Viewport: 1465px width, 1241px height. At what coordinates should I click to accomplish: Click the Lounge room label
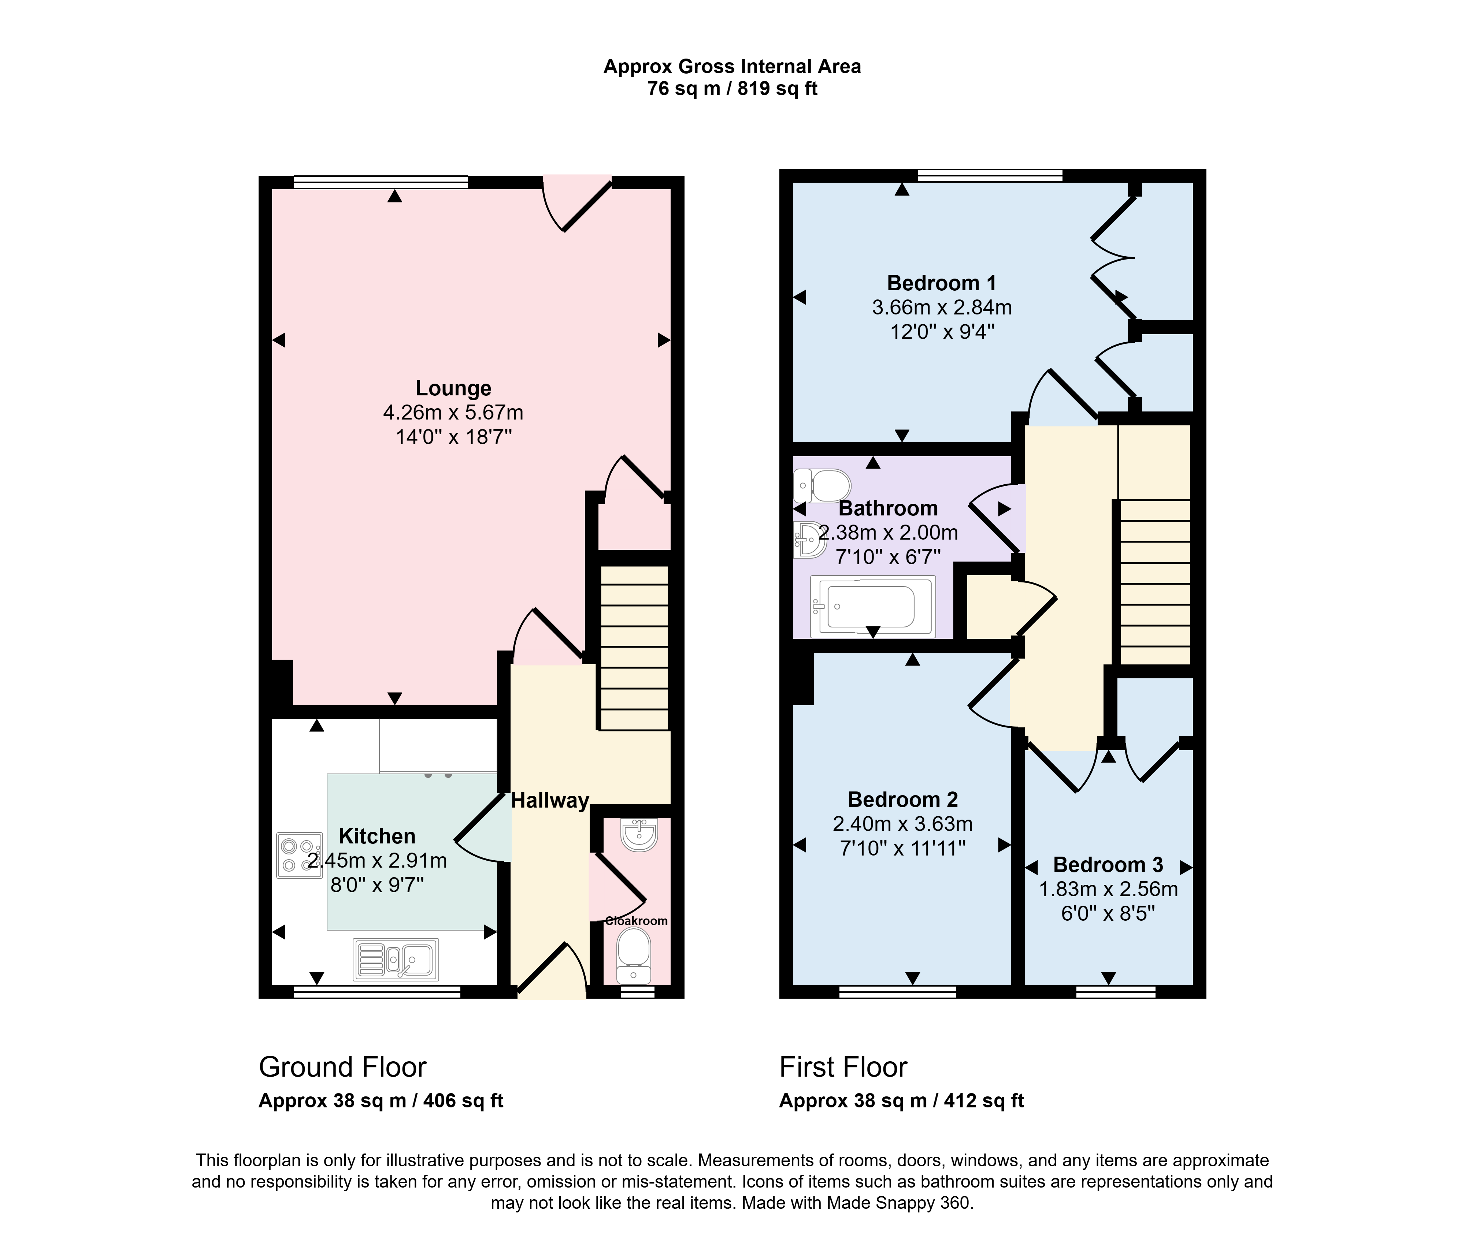453,388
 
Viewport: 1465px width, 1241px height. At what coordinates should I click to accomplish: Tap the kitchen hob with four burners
300,855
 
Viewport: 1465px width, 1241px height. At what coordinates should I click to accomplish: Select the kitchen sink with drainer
396,959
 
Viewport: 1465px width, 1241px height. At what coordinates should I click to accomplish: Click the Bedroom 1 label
942,283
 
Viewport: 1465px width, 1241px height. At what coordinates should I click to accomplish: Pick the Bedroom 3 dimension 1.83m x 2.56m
1108,889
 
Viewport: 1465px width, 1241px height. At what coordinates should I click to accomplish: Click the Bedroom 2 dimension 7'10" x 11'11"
903,849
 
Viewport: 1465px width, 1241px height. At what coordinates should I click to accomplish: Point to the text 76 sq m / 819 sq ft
732,89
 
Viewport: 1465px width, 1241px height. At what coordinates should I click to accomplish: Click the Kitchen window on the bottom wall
377,992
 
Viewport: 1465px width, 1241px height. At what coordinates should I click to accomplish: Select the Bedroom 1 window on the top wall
990,175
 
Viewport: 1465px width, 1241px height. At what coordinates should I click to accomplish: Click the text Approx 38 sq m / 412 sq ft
901,1101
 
